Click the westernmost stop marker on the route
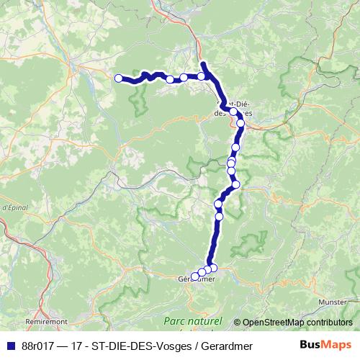point(119,78)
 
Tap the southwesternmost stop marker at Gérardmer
point(194,276)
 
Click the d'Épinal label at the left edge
point(13,207)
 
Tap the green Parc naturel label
point(192,320)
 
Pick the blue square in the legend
point(11,346)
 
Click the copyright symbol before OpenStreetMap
point(238,323)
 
